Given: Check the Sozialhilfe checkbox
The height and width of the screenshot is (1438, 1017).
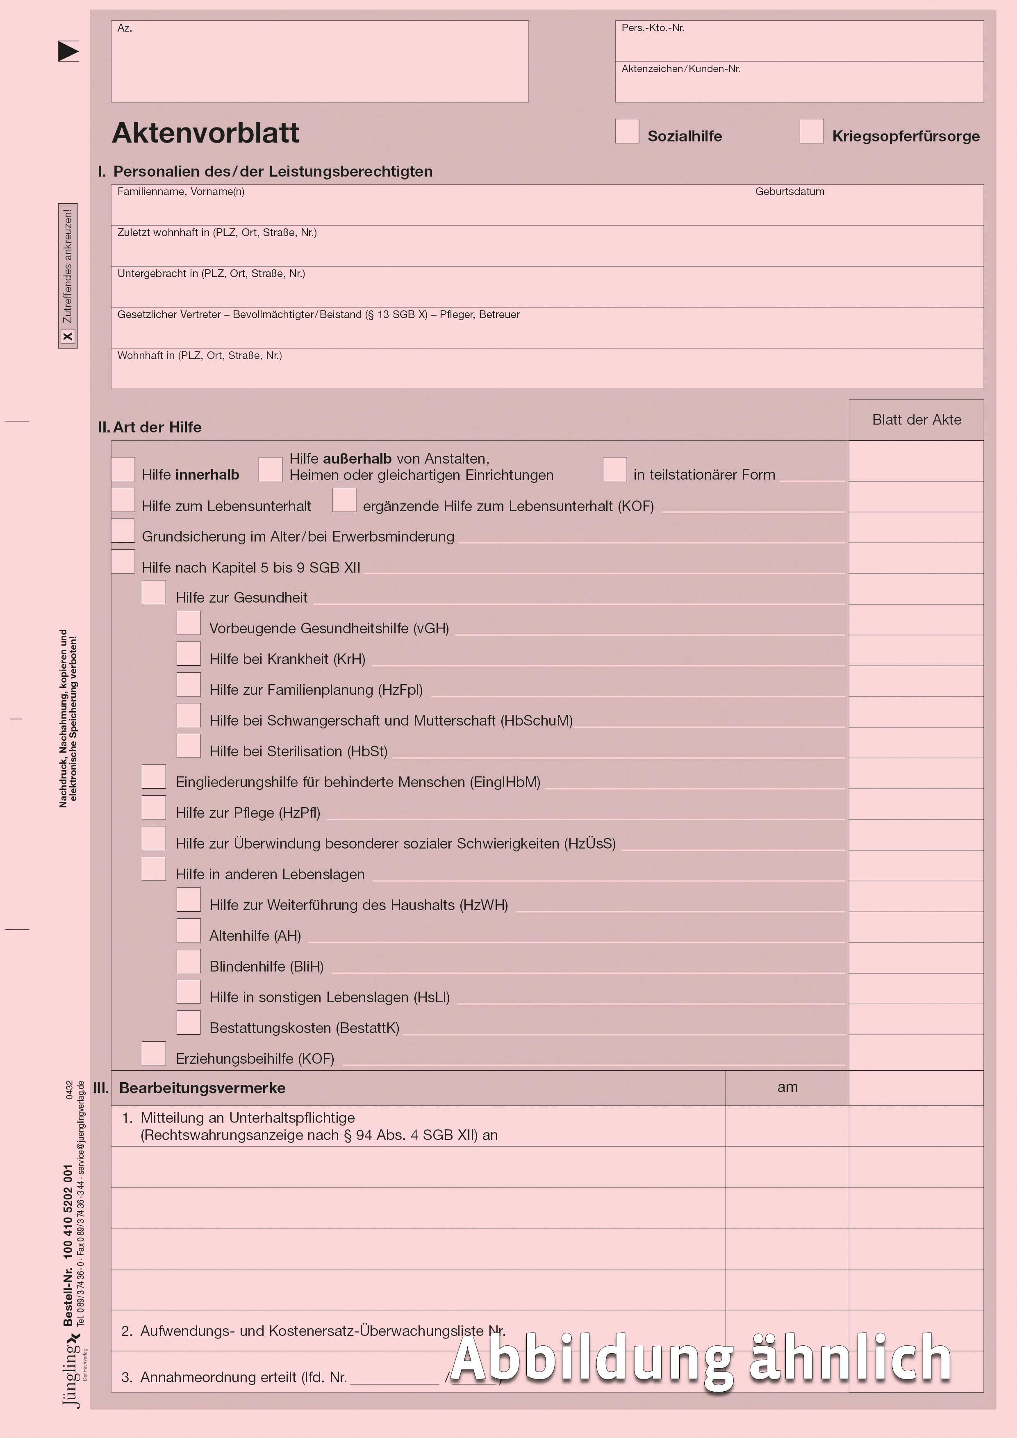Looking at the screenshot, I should pyautogui.click(x=626, y=132).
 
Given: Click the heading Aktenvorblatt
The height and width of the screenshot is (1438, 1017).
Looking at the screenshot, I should pyautogui.click(x=205, y=133).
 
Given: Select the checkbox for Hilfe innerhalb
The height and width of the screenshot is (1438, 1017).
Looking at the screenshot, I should pyautogui.click(x=123, y=469).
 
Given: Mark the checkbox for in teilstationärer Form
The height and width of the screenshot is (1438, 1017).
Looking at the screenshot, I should pyautogui.click(x=614, y=469).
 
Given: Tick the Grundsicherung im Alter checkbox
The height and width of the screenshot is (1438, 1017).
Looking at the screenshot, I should pyautogui.click(x=123, y=530).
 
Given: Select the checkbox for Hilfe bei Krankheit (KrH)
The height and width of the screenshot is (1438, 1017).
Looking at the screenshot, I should pyautogui.click(x=189, y=653).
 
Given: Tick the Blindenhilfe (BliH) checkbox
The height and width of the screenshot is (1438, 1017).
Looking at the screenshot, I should pyautogui.click(x=189, y=961).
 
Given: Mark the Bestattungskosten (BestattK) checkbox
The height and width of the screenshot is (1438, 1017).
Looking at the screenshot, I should pyautogui.click(x=189, y=1022).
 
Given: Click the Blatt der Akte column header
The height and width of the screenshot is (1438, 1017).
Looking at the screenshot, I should pyautogui.click(x=916, y=420).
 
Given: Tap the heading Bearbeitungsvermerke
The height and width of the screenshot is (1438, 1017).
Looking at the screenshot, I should pyautogui.click(x=202, y=1088).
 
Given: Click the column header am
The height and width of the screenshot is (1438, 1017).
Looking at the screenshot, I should pyautogui.click(x=787, y=1087).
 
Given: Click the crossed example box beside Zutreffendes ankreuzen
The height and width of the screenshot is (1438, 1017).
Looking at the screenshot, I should pyautogui.click(x=68, y=336).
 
